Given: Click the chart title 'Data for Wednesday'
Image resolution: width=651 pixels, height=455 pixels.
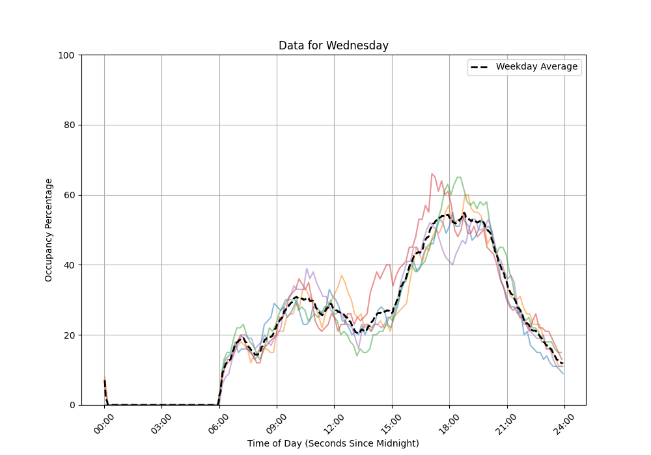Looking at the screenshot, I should coord(333,45).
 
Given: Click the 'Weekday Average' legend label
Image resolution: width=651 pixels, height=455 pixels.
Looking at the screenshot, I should coord(536,67).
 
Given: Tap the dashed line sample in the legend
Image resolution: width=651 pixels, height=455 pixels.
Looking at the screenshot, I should coord(480,67).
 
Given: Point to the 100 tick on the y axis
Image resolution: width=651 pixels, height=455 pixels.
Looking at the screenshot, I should coord(66,55).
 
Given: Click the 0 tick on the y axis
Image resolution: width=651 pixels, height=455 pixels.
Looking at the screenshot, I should coord(72,405).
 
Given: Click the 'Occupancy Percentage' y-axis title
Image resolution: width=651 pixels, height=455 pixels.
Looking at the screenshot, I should coord(49,229).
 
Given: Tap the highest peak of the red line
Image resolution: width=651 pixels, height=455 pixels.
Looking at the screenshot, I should coord(432,174).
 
